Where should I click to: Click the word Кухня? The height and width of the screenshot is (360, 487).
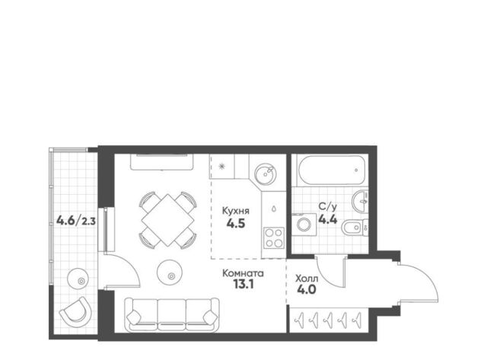235,212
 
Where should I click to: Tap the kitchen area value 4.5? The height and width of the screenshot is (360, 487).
236,223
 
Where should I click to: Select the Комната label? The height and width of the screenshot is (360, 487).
243,273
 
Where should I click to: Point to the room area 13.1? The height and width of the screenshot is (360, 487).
243,284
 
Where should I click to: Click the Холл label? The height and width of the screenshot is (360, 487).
306,279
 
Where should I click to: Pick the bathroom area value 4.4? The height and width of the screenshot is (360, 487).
328,220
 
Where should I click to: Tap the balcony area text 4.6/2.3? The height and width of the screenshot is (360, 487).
76,221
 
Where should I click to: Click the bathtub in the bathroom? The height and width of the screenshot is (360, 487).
331,170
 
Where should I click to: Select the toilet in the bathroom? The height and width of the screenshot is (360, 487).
355,228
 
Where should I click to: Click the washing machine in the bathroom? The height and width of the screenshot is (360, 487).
304,225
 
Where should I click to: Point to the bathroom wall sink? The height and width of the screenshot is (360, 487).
360,202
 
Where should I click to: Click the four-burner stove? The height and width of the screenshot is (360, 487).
274,237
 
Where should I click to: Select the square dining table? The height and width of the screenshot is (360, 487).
167,220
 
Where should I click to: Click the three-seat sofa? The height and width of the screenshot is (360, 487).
172,314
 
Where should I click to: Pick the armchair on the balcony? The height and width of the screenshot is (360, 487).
75,311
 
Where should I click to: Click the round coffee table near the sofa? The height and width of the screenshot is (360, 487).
169,272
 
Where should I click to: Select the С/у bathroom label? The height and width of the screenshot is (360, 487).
328,207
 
